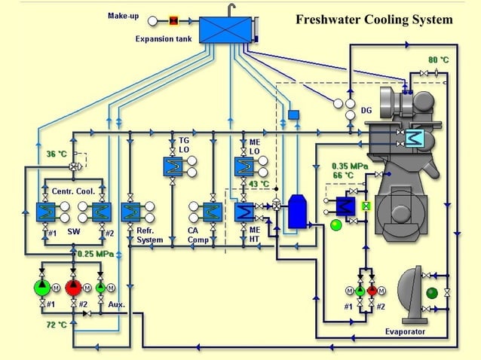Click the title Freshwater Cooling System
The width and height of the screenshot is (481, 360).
point(374,19)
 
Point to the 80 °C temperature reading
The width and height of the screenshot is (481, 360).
point(438,59)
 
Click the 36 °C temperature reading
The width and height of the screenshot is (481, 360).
point(57,154)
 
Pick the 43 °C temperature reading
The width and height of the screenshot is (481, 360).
point(259,184)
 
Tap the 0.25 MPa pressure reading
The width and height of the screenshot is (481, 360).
point(95,254)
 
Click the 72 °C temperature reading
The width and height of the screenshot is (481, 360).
point(57,325)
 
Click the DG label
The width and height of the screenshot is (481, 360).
point(366,110)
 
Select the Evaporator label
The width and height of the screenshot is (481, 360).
point(405,331)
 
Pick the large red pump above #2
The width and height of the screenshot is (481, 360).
point(73,287)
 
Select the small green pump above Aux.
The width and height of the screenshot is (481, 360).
point(100,288)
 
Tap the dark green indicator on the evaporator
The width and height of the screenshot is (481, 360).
point(432,293)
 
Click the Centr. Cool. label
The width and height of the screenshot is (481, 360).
point(73,191)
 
